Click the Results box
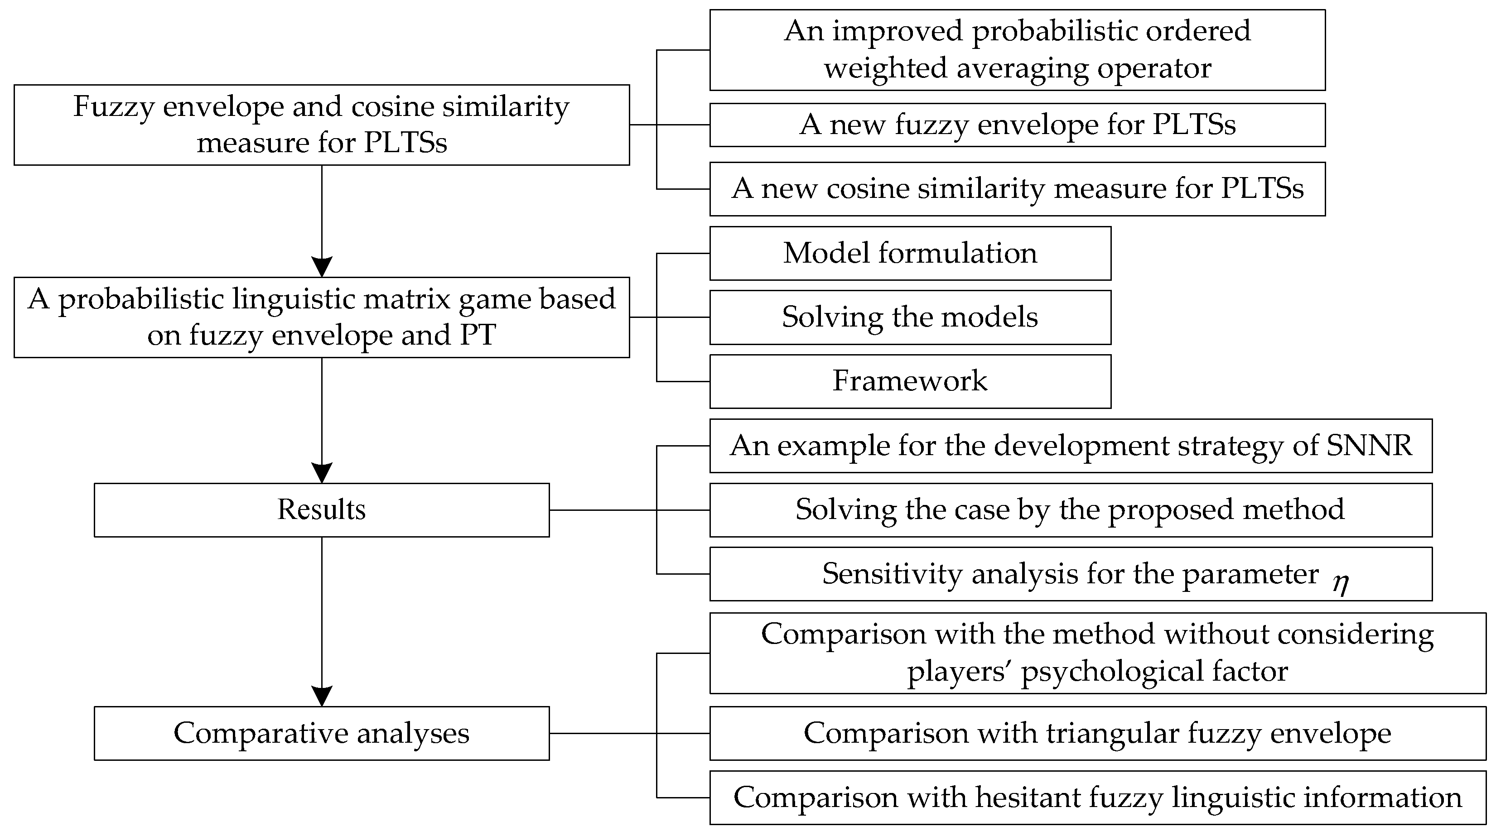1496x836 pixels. [321, 510]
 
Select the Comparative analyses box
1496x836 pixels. [321, 733]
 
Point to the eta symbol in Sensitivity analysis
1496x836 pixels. [1340, 582]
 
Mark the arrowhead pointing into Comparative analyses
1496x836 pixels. [322, 696]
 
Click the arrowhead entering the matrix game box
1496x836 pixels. [322, 266]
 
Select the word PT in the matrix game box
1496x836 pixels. [478, 336]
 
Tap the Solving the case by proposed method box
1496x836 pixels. [1070, 510]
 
